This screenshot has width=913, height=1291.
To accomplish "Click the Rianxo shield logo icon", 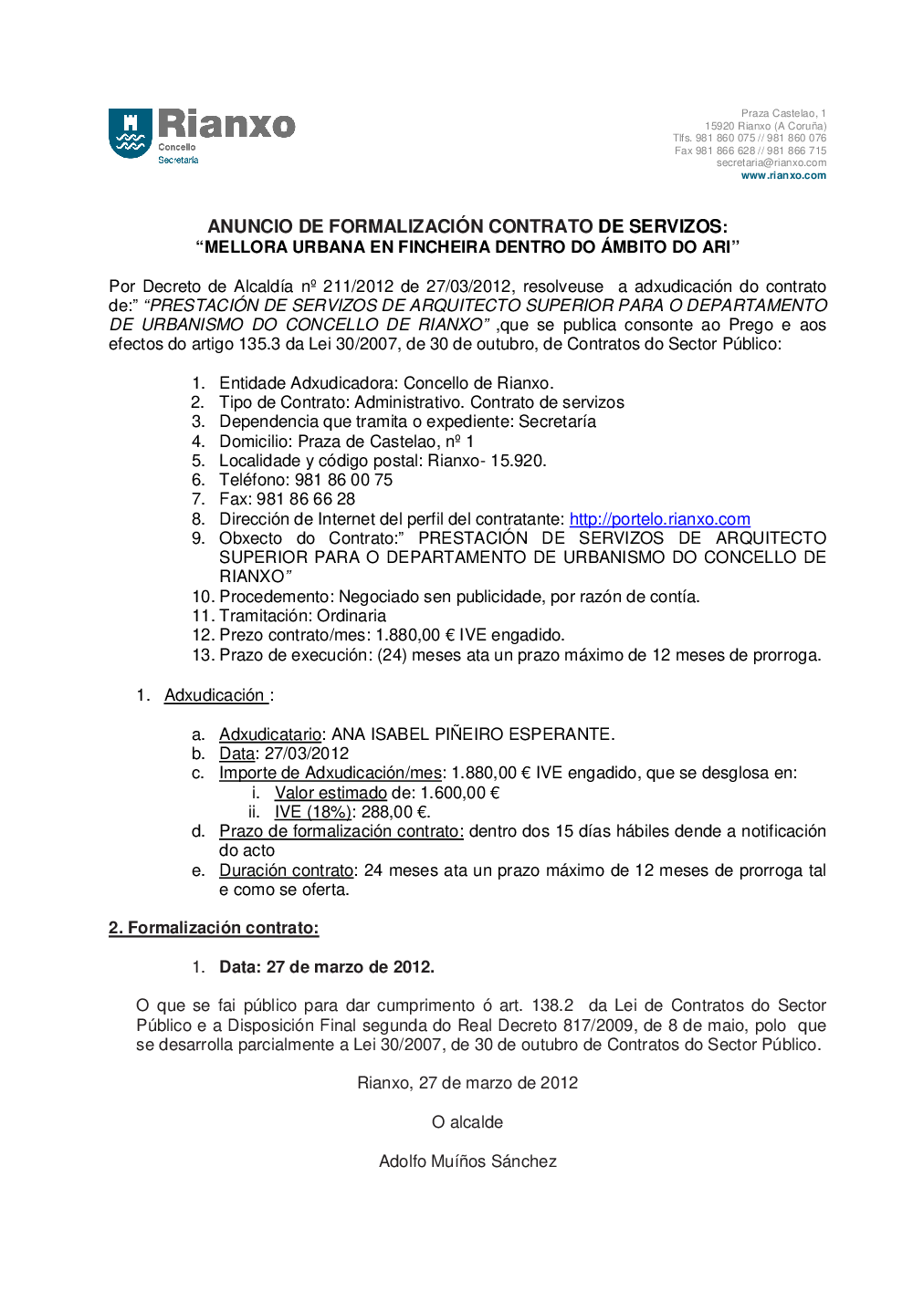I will click(x=131, y=133).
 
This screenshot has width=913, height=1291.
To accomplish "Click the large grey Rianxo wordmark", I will click(x=226, y=124).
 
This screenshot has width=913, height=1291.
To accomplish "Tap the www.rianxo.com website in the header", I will click(x=783, y=176).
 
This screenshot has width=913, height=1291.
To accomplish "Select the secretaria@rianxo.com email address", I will click(x=771, y=163).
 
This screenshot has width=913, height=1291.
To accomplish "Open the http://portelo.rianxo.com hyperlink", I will click(x=659, y=519).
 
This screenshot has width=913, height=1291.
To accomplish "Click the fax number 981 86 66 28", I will click(x=306, y=499).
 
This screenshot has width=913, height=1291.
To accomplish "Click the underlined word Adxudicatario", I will click(x=270, y=734).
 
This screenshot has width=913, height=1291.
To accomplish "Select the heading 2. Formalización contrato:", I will click(x=214, y=928).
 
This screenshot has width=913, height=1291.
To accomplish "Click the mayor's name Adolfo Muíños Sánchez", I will click(x=467, y=1161).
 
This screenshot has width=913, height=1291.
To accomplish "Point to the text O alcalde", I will click(x=467, y=1122).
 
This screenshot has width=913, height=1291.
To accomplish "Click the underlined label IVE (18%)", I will click(x=312, y=812).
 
